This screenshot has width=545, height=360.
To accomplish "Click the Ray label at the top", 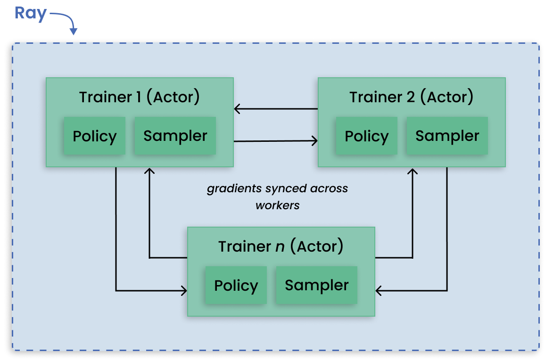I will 31,13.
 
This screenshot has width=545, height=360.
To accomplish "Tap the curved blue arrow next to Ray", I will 66,22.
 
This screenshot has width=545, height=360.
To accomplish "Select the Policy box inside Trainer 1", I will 94,136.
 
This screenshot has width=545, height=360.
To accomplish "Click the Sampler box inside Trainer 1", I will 175,136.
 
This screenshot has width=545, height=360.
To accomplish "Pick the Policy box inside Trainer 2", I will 366,136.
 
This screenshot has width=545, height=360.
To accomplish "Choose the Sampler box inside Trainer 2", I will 447,136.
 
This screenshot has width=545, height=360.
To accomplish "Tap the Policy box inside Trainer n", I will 236,286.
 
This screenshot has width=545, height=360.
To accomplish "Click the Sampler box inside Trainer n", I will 316,285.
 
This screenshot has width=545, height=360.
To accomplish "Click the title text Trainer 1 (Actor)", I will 140,97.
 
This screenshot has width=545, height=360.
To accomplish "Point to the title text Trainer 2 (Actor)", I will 411,97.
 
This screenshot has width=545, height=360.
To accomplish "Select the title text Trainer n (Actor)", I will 281,246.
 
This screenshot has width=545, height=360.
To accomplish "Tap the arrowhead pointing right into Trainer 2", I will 314,140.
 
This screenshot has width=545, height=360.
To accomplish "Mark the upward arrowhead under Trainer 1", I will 149,171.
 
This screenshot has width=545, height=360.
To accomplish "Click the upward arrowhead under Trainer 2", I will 413,171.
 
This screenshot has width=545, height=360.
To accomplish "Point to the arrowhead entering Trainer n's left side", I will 184,291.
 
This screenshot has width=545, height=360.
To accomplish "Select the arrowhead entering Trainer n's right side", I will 379,291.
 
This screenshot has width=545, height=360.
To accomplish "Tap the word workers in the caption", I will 278,205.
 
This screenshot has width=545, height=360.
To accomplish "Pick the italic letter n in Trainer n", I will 280,246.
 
